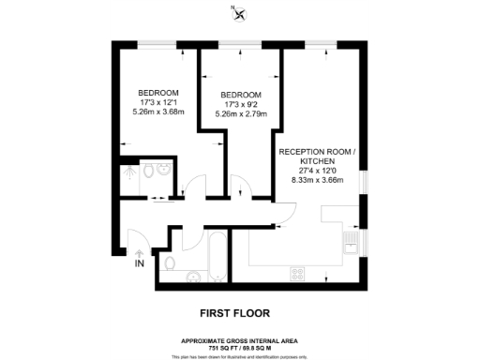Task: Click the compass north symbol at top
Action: click(239, 13)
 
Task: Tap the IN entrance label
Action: click(140, 264)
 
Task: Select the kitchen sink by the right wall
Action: click(349, 246)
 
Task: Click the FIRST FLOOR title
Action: click(239, 313)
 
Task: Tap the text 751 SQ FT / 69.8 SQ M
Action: click(240, 347)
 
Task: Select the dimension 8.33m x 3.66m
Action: click(319, 179)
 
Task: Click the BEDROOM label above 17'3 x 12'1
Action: click(158, 91)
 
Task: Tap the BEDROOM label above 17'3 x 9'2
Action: click(241, 95)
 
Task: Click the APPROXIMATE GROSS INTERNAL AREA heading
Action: click(240, 339)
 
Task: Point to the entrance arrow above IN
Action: click(140, 251)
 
